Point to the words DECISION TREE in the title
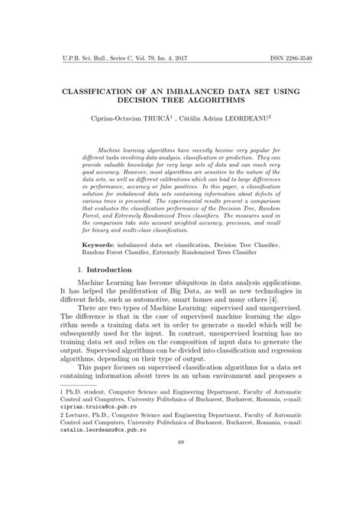pyautogui.click(x=155, y=101)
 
